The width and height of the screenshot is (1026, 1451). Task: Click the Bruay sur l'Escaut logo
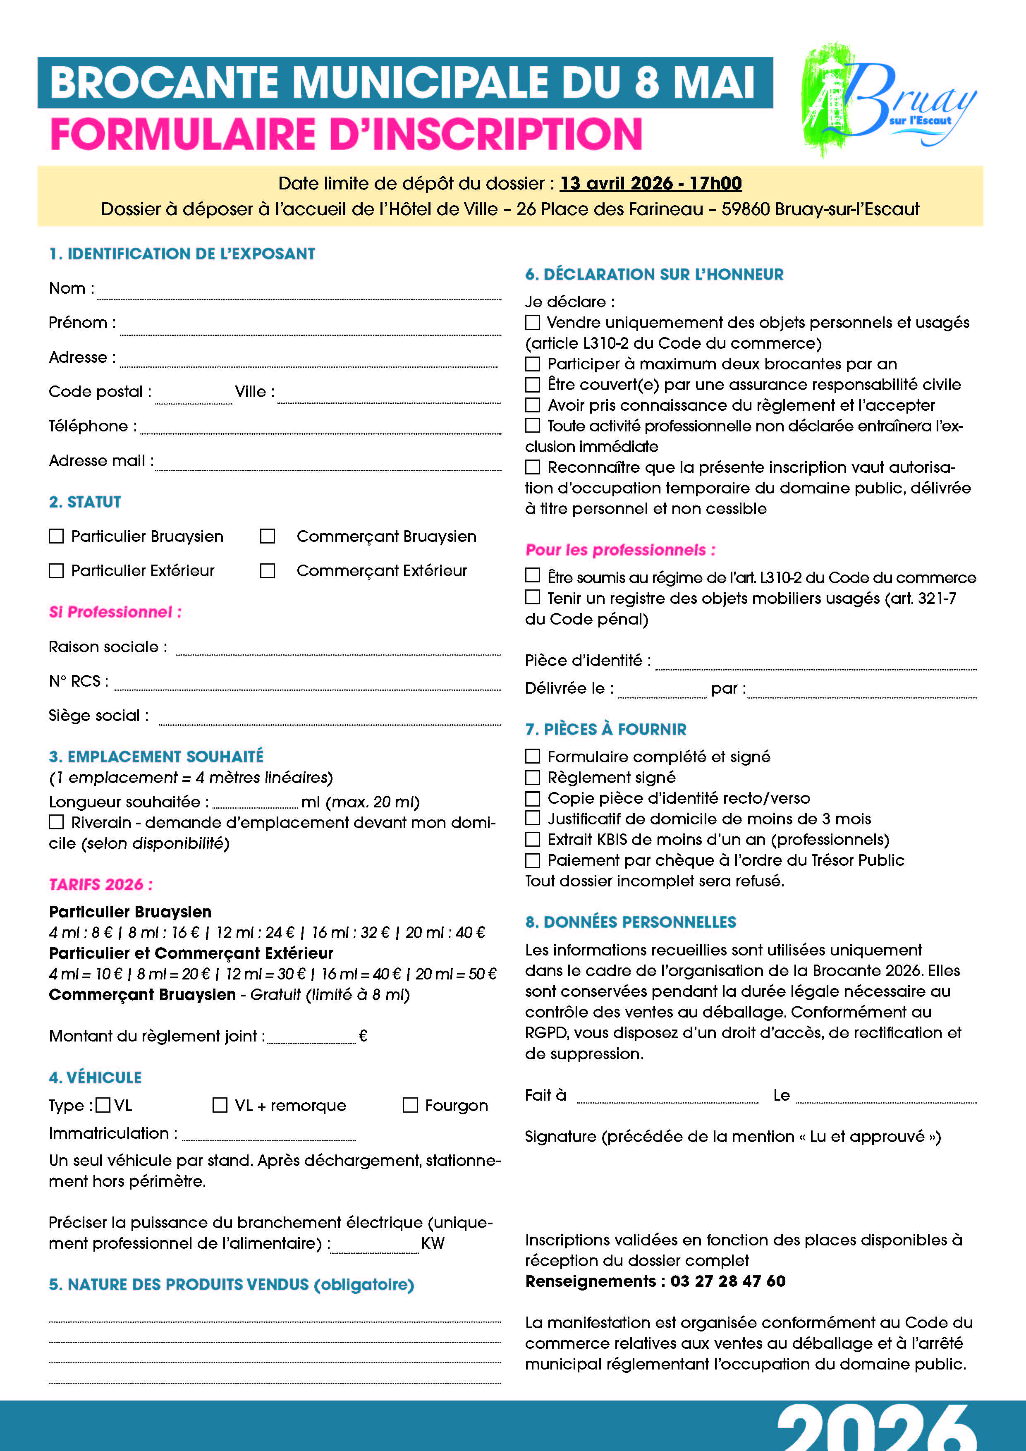[887, 100]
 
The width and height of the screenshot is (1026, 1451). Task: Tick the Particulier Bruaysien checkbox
[56, 536]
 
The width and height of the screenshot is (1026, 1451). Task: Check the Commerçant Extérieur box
[268, 571]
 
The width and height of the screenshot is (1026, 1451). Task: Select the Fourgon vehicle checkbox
[411, 1105]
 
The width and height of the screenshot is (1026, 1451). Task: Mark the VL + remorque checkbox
[220, 1105]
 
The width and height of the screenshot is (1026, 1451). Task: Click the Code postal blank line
[193, 398]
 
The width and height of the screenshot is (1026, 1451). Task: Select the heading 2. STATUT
[85, 502]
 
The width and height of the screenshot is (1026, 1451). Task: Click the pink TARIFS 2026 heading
[100, 884]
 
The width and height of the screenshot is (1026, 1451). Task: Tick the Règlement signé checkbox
[533, 777]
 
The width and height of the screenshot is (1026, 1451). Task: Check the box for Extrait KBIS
[533, 839]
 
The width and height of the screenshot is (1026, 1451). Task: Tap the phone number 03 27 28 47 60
[728, 1281]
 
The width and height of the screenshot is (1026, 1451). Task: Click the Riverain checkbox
[56, 822]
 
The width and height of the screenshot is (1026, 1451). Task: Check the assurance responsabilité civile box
[533, 384]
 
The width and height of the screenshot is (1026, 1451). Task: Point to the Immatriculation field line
[268, 1136]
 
